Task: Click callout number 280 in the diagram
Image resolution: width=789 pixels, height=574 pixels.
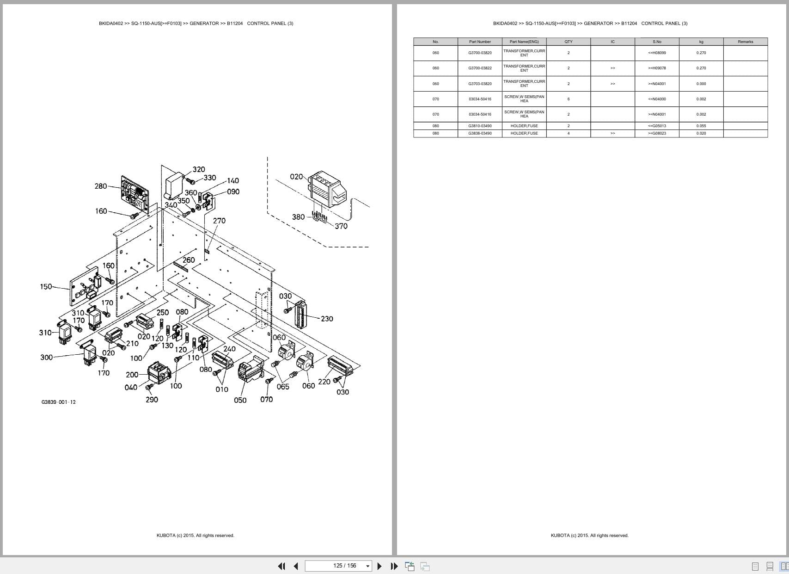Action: pyautogui.click(x=100, y=186)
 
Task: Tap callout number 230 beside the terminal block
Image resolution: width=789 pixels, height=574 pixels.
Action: pyautogui.click(x=327, y=319)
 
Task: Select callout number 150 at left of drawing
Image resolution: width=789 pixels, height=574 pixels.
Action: pyautogui.click(x=46, y=286)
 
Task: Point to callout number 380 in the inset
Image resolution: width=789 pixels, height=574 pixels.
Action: pyautogui.click(x=298, y=217)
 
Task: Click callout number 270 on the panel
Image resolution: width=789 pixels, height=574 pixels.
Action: pyautogui.click(x=219, y=221)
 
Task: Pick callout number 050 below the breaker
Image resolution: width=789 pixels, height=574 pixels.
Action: pyautogui.click(x=240, y=400)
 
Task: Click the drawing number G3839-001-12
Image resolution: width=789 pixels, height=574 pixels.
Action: pyautogui.click(x=58, y=402)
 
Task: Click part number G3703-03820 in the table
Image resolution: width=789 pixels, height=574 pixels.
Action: pyautogui.click(x=480, y=84)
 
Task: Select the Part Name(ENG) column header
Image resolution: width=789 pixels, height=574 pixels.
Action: pyautogui.click(x=524, y=42)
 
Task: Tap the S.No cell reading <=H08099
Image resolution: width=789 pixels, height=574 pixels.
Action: pyautogui.click(x=657, y=53)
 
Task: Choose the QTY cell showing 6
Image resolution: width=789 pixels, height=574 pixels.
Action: pyautogui.click(x=568, y=99)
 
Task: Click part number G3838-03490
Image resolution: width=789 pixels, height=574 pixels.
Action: pyautogui.click(x=480, y=133)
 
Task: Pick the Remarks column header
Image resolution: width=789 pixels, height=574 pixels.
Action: pyautogui.click(x=745, y=42)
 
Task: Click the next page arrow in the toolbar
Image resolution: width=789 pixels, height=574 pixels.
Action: pyautogui.click(x=379, y=566)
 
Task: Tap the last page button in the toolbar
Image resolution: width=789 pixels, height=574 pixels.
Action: pyautogui.click(x=394, y=566)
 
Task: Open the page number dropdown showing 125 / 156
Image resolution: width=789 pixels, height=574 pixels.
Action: pyautogui.click(x=368, y=566)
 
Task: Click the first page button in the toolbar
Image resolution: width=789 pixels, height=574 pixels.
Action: pyautogui.click(x=281, y=566)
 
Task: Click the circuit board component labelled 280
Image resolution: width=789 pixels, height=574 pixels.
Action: pyautogui.click(x=135, y=192)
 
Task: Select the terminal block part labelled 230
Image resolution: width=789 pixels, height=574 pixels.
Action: pyautogui.click(x=300, y=314)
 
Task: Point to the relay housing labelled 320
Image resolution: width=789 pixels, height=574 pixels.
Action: pyautogui.click(x=175, y=185)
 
